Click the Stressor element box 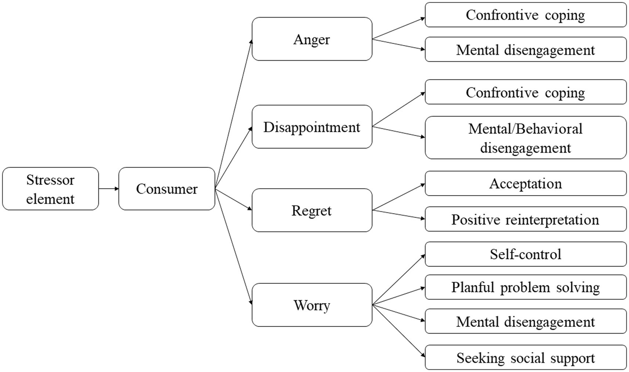[x=50, y=189]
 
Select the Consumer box [x=167, y=189]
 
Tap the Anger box [x=312, y=39]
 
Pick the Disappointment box [x=312, y=127]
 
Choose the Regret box [x=312, y=210]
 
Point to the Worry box [x=312, y=305]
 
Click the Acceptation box [x=525, y=184]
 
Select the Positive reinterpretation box [x=525, y=219]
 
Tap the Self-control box [x=525, y=254]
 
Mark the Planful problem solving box [x=525, y=287]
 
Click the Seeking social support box [x=525, y=357]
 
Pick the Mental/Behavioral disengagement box [x=525, y=138]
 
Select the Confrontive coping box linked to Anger [x=525, y=15]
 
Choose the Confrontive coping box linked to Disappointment [x=525, y=92]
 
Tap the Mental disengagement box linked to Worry [x=525, y=321]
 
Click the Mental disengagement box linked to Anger [x=525, y=50]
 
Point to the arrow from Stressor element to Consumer [x=109, y=189]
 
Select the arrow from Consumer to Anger [x=234, y=115]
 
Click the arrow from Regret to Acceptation [x=398, y=197]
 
